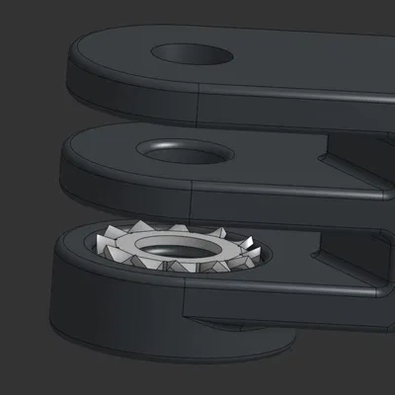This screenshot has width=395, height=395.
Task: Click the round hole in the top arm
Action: pos(192,52)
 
